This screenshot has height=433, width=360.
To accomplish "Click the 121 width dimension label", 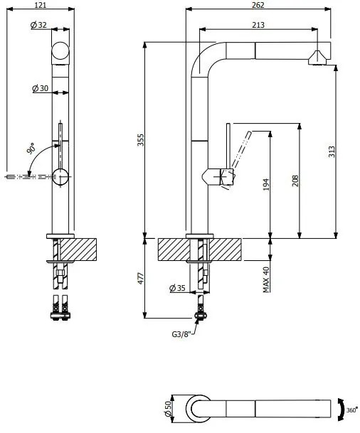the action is (41, 5).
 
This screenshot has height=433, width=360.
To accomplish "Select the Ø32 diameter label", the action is (38, 25).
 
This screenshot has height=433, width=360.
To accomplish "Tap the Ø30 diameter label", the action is (40, 88).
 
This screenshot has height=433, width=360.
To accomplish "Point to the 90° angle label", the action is (31, 149).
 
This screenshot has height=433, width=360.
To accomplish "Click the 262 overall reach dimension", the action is (258, 5).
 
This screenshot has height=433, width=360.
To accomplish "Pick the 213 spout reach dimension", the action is (258, 25).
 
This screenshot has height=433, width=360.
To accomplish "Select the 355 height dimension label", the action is (141, 140).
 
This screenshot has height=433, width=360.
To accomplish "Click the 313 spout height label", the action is (332, 152).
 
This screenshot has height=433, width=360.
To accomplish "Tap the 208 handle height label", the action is (295, 181).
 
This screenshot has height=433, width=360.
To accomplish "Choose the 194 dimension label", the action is (265, 184).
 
